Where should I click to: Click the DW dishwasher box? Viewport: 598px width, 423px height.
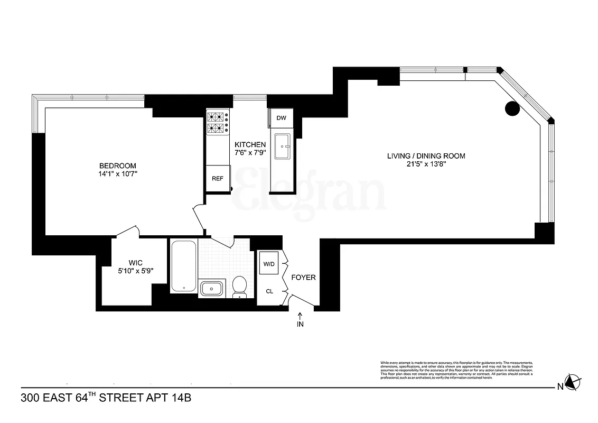(x=281, y=118)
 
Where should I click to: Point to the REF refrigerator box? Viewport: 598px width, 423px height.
(x=217, y=178)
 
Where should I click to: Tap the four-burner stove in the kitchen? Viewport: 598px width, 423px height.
(x=217, y=122)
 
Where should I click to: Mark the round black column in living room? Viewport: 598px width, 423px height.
(x=512, y=109)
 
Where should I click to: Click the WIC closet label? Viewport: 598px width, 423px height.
(x=136, y=262)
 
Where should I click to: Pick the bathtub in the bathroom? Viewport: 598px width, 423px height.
(x=183, y=266)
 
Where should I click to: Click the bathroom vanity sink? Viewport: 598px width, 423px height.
(x=212, y=289)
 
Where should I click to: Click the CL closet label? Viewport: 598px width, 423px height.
(x=269, y=291)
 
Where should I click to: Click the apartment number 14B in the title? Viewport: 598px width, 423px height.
(x=179, y=397)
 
